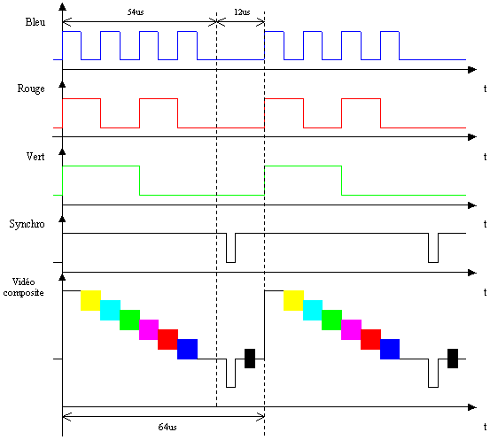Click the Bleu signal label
coord(35,22)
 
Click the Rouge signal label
coord(31,89)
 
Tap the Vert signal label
coord(35,156)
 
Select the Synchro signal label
coord(27,224)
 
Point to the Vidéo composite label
coord(23,288)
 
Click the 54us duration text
coord(136,12)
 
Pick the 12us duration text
coord(242,12)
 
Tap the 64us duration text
coord(167,427)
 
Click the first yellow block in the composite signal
coord(90,300)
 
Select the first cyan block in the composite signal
coord(110,310)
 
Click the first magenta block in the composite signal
coord(149,329)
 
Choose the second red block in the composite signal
coord(370,339)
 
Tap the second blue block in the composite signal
coord(390,349)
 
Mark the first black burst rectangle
coord(250,359)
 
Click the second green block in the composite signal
coord(332,320)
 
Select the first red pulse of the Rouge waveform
coord(82,98)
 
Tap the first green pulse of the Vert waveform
coord(101,166)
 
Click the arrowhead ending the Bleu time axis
coord(472,70)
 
